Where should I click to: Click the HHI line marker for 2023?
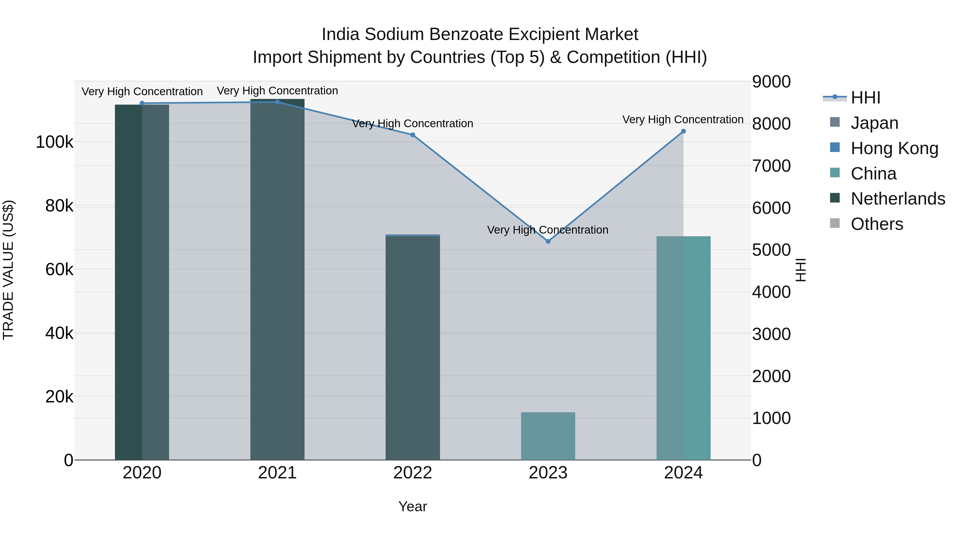point(548,242)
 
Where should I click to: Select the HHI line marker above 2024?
point(683,131)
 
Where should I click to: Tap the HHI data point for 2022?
point(413,135)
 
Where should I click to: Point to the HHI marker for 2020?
point(142,103)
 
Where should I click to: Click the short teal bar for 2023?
point(548,436)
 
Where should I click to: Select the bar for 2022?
point(413,347)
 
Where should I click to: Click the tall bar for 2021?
point(277,279)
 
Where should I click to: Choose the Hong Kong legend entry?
point(894,148)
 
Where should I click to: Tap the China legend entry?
point(873,174)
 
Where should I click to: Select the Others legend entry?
point(877,224)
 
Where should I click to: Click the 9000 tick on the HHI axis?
point(771,82)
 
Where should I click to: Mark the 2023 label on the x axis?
point(548,473)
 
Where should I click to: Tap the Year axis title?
point(413,506)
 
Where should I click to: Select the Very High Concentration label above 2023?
point(547,230)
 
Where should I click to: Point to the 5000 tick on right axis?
point(771,250)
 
